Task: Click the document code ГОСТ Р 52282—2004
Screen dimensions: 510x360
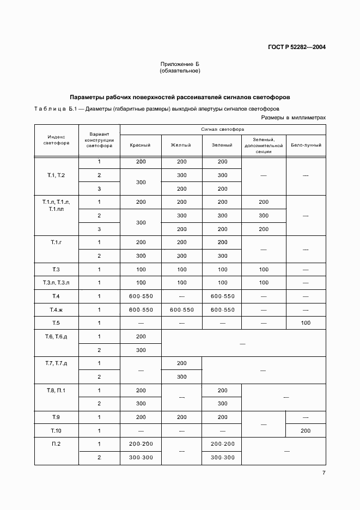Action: point(298,47)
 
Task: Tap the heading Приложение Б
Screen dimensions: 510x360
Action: point(180,64)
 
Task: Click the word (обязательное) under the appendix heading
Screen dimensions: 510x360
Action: point(180,71)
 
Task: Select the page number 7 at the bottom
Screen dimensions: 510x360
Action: point(324,472)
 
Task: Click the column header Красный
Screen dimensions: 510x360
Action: point(141,145)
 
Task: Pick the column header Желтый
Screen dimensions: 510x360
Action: point(181,145)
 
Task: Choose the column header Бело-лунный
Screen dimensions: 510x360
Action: point(306,145)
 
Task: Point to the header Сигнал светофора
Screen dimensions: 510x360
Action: point(223,130)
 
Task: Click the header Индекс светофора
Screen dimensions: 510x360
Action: point(56,140)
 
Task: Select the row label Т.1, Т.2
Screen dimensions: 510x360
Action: point(56,175)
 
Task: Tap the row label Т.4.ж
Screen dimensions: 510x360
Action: point(56,309)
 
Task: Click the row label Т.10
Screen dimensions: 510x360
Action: point(56,430)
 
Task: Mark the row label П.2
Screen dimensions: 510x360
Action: point(56,444)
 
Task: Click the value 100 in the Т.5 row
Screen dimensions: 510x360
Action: point(306,323)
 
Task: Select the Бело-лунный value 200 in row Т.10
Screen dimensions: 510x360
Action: point(306,430)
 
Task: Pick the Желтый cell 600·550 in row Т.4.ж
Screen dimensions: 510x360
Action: point(181,309)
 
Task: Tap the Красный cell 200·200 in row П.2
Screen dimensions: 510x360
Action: point(141,444)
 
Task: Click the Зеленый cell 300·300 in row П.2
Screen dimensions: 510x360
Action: point(222,458)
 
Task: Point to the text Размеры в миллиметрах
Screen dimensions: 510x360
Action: point(293,117)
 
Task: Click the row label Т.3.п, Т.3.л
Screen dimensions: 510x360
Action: point(56,283)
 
